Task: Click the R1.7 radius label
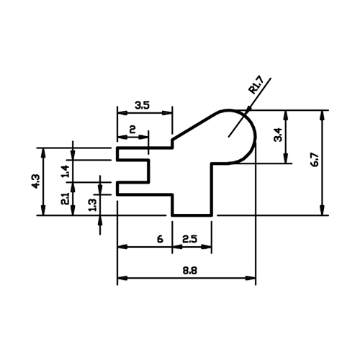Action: point(256,85)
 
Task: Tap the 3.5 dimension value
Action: point(142,105)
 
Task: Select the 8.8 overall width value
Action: point(190,271)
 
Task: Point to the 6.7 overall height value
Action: point(315,159)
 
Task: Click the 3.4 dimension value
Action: point(279,135)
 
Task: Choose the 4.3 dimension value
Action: point(37,181)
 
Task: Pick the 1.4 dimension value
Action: point(66,171)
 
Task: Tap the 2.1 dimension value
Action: point(66,199)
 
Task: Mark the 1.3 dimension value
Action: point(93,204)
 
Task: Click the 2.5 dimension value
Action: point(189,239)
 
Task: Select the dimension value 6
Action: point(160,239)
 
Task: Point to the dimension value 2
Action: point(132,130)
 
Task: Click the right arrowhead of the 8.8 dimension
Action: point(251,279)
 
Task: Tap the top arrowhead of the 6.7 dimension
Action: point(323,116)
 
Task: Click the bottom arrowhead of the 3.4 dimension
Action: point(286,158)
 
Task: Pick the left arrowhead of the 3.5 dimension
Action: point(122,113)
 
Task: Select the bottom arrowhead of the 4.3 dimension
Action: point(43,210)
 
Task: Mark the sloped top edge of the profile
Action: point(195,126)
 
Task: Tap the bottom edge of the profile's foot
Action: point(192,215)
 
